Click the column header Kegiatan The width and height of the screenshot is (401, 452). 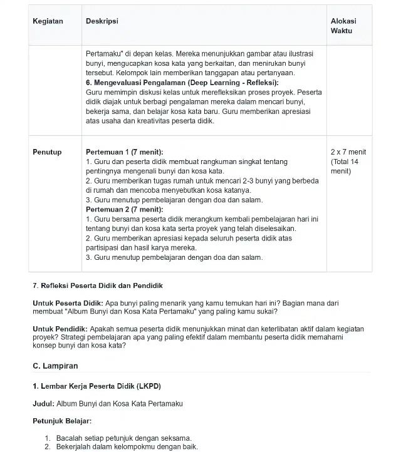48,21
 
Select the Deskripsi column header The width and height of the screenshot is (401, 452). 102,21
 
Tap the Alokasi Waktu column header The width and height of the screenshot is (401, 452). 342,26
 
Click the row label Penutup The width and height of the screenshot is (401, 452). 47,152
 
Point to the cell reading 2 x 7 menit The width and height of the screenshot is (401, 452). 348,152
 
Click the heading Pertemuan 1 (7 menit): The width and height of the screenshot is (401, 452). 124,152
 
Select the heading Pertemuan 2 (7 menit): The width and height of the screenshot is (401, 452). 124,209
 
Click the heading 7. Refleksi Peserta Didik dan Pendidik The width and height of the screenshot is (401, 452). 97,286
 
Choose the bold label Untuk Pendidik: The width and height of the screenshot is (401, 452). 60,329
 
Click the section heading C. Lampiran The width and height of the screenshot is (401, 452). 55,366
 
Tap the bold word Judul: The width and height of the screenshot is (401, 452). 43,404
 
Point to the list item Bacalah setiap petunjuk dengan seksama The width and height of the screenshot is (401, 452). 123,438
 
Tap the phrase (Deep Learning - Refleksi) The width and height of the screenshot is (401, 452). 229,82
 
